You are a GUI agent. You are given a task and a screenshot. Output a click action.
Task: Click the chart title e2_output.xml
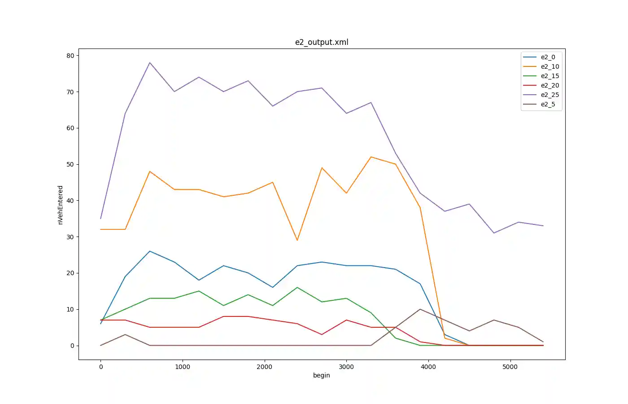[322, 42]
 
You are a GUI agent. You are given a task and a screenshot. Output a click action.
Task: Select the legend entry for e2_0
[548, 57]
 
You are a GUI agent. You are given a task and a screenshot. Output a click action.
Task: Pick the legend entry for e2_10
[549, 66]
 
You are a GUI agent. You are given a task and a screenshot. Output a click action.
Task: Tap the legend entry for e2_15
[549, 76]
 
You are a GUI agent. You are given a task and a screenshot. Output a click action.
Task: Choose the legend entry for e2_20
[549, 85]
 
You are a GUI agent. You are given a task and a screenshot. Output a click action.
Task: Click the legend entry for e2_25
[549, 95]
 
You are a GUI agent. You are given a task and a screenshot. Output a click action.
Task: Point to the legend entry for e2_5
[548, 104]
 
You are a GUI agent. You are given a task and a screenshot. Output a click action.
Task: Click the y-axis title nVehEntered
[61, 205]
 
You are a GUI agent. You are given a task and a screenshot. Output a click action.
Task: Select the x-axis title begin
[322, 375]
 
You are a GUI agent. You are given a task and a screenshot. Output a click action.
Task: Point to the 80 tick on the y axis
[70, 56]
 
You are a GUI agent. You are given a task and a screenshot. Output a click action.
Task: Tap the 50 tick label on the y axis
[70, 164]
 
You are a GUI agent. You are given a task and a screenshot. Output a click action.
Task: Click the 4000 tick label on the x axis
[428, 367]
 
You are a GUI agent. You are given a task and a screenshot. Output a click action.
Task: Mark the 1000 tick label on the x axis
[183, 367]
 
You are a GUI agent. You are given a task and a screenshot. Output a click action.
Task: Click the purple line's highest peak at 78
[150, 63]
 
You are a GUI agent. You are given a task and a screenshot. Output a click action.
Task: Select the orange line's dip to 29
[297, 240]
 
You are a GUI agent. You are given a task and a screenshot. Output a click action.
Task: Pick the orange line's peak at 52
[371, 157]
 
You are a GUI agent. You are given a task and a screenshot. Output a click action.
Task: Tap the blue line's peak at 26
[150, 251]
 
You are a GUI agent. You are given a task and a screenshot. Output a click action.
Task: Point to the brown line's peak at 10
[420, 309]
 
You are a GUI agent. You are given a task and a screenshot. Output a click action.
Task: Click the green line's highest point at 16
[297, 287]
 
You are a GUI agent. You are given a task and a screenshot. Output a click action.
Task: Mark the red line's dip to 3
[322, 334]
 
